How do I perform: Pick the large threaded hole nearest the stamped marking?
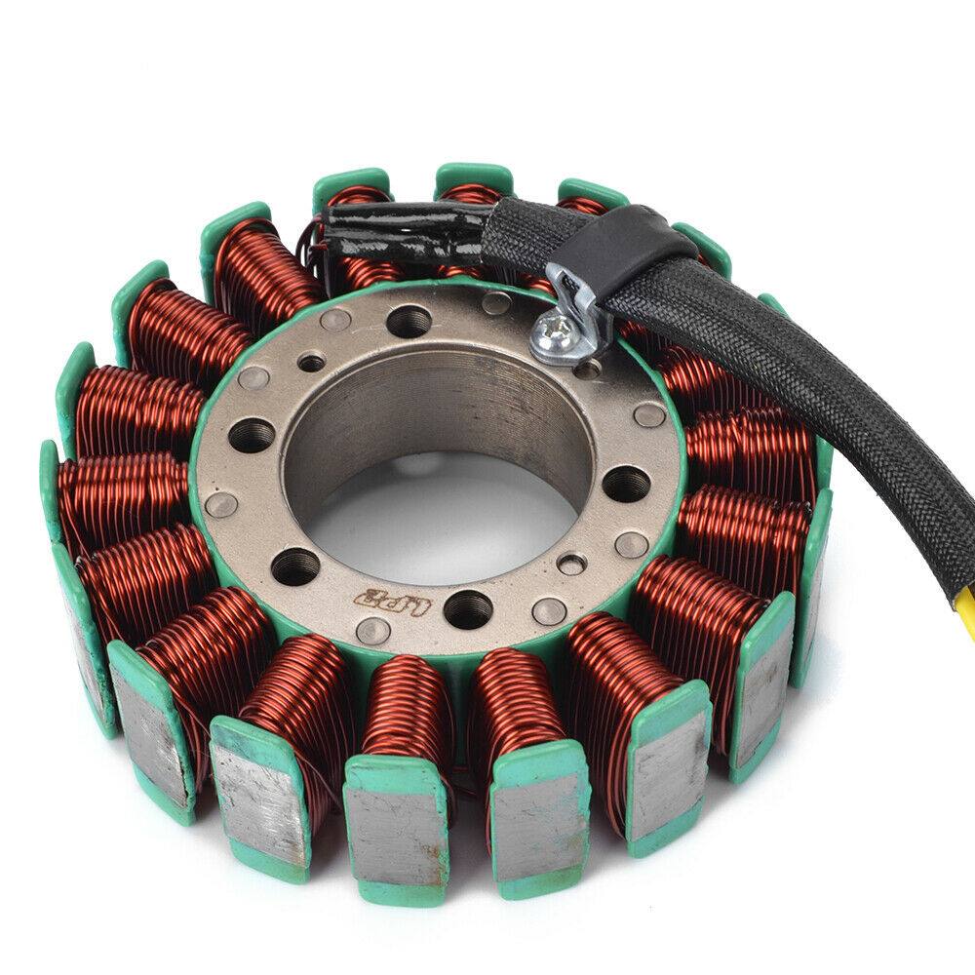469,609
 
